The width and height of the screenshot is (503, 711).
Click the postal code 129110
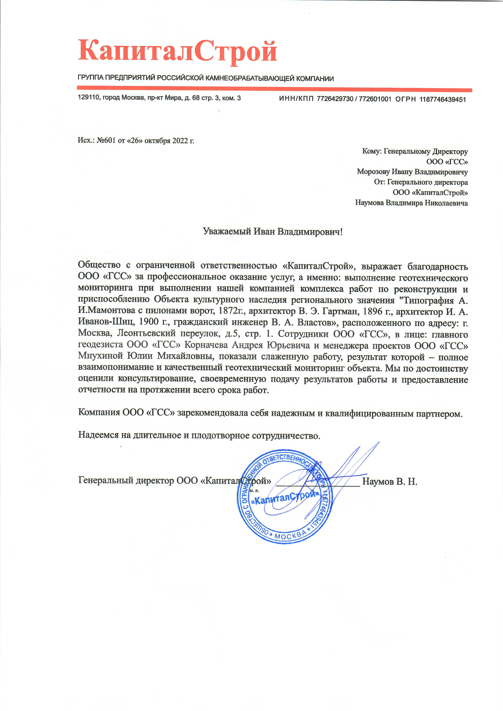pyautogui.click(x=88, y=98)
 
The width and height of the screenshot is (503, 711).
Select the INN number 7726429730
pyautogui.click(x=335, y=99)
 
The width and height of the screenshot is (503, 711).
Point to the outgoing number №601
pyautogui.click(x=106, y=140)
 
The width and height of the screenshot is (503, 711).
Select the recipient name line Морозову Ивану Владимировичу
pyautogui.click(x=412, y=172)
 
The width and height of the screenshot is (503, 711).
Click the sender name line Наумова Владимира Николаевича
pyautogui.click(x=411, y=203)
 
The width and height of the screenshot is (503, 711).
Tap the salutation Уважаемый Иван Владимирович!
pyautogui.click(x=273, y=232)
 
